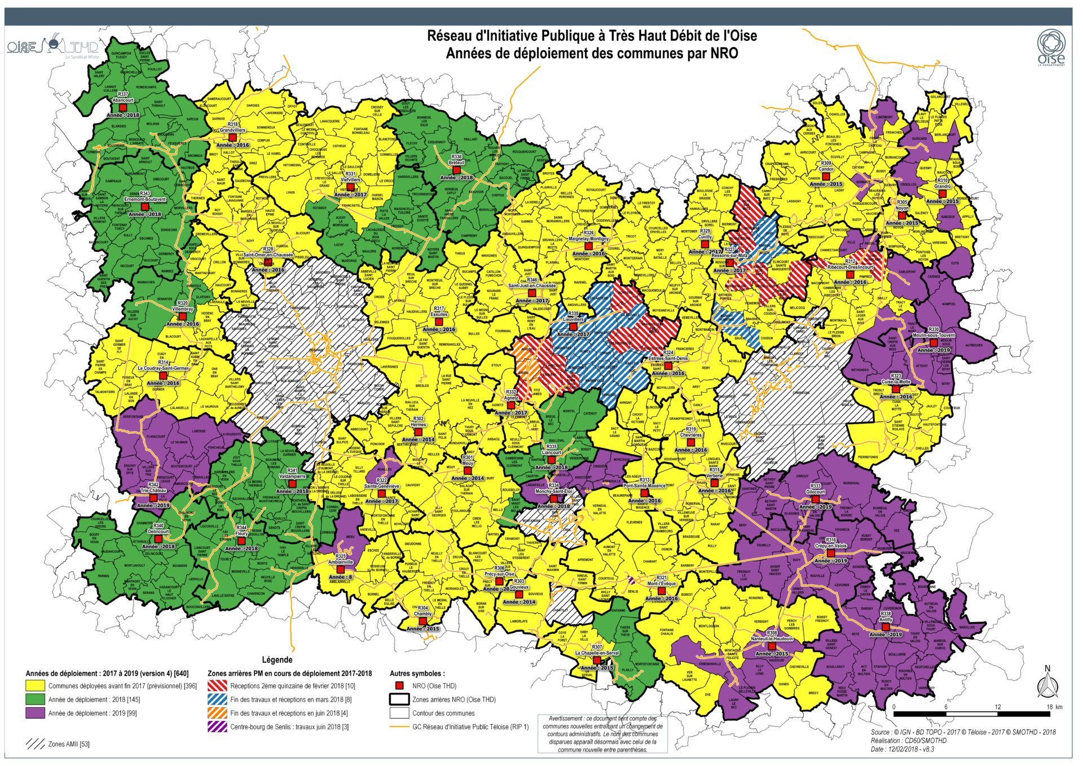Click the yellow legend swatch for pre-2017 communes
tap(36, 686)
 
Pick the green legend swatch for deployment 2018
tap(36, 700)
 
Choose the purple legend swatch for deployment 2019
tap(36, 714)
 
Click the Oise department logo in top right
tap(1051, 49)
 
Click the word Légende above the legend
tap(278, 659)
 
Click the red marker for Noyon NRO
tap(902, 215)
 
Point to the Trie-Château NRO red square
tap(153, 498)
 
